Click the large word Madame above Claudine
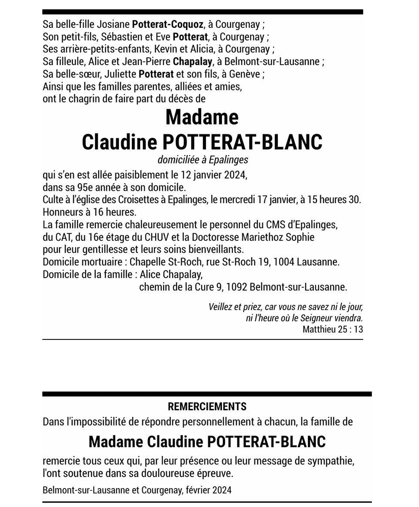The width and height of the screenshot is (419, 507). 202,117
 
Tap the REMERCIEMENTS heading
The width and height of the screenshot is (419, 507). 207,407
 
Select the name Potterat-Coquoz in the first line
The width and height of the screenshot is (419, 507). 168,24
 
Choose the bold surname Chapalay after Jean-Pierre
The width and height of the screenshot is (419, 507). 192,61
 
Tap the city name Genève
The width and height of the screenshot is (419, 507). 245,74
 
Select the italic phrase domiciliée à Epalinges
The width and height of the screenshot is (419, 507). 203,160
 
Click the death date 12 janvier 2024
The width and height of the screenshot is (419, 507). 214,175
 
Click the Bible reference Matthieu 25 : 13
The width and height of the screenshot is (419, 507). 333,329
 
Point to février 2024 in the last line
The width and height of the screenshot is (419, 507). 208,490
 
